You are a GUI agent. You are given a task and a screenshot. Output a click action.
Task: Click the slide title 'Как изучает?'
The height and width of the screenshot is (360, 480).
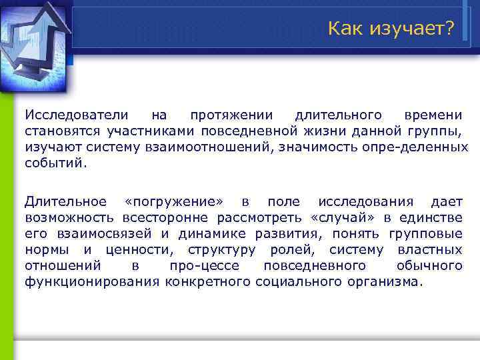[x=391, y=29]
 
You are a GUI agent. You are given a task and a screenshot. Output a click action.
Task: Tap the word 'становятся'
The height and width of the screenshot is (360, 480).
[x=56, y=130]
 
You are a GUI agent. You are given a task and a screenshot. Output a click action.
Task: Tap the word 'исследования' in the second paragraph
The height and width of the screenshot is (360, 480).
[x=365, y=201]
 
